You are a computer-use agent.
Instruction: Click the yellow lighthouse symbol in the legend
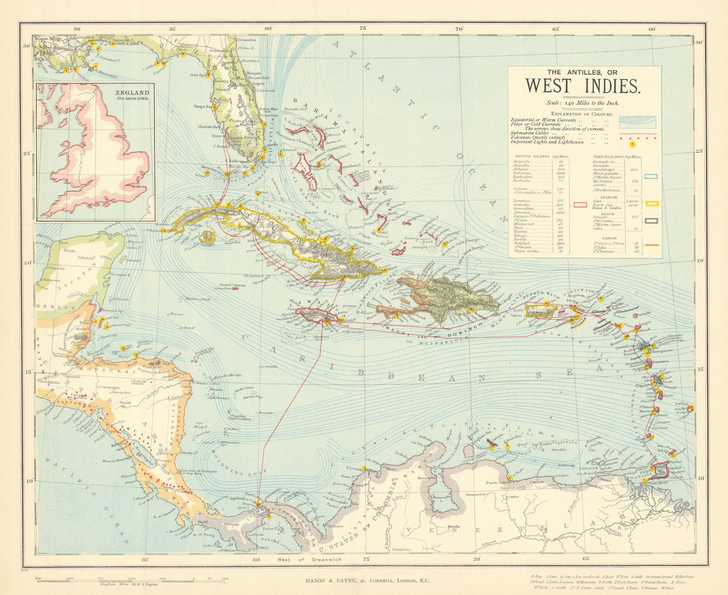tap(632, 144)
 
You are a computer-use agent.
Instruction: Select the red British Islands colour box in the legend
tap(580, 205)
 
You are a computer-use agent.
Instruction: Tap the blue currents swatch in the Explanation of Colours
tap(637, 122)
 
